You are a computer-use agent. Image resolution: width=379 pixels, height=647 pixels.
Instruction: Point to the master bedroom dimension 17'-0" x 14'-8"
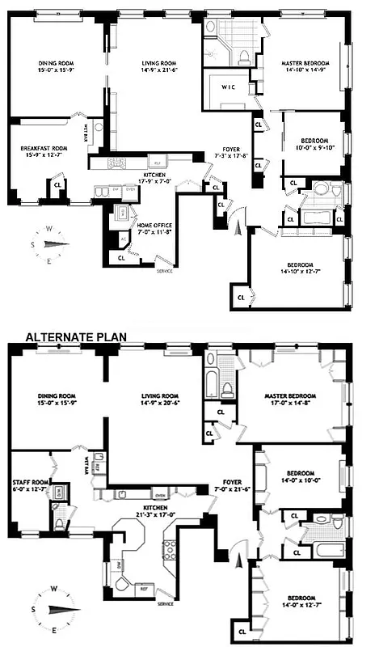tap(288, 404)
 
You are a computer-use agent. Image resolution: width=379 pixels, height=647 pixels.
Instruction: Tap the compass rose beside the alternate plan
tap(51, 607)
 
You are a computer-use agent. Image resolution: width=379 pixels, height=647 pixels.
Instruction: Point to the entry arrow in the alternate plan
tap(238, 560)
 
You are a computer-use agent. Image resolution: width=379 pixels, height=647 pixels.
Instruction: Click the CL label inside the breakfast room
tap(57, 184)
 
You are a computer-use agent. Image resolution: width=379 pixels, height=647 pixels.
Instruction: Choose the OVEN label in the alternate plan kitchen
tap(161, 493)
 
